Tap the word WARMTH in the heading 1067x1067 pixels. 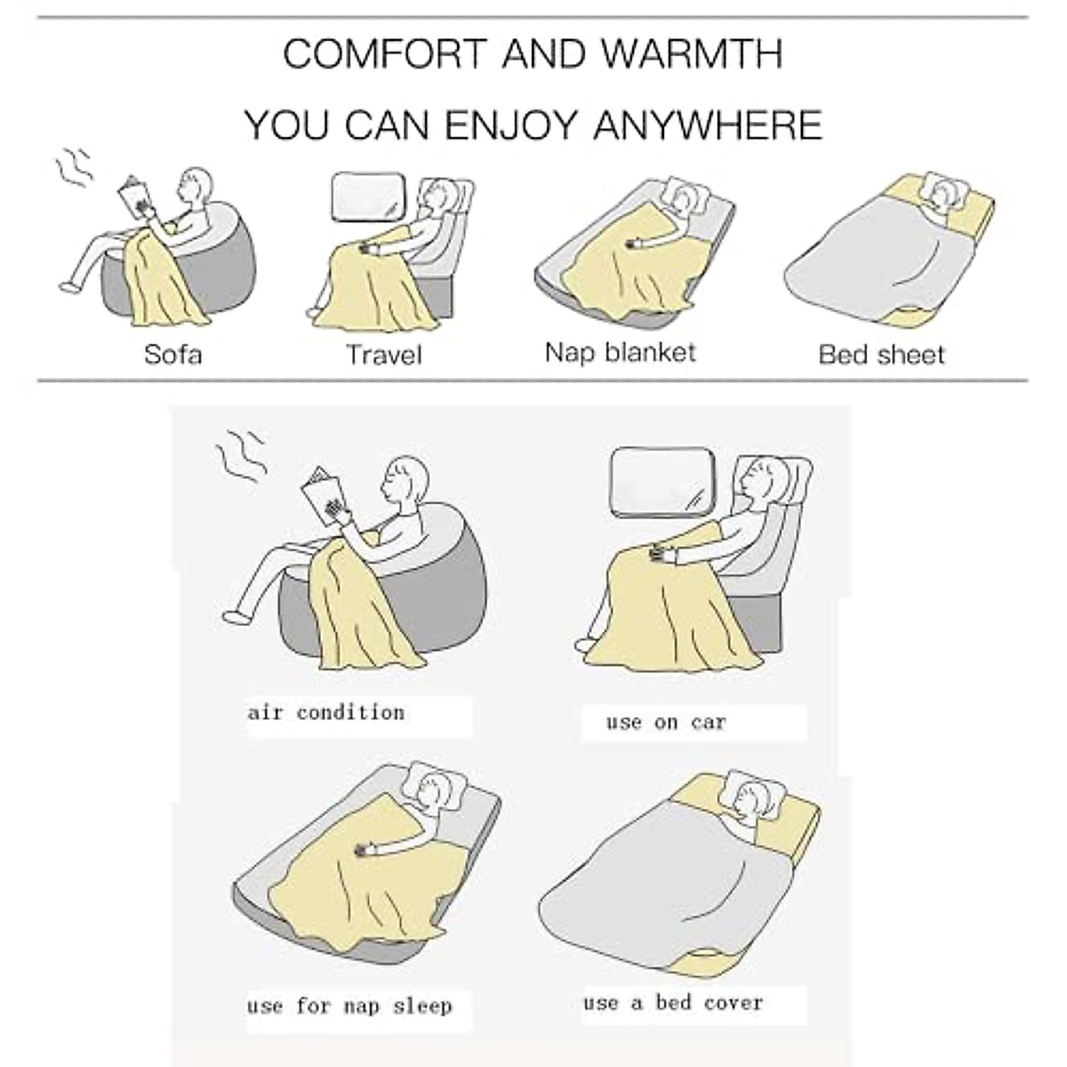tap(691, 54)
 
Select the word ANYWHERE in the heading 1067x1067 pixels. tap(707, 124)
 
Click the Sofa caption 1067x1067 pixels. tap(173, 354)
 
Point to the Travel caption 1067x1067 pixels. tap(383, 356)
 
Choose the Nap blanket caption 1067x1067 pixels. tap(620, 352)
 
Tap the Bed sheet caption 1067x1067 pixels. tap(881, 355)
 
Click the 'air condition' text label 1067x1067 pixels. tap(325, 713)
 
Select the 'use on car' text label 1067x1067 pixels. tap(666, 722)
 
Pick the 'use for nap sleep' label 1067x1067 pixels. tap(349, 1007)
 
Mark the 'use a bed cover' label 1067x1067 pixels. tap(673, 1003)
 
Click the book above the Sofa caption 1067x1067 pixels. tap(134, 197)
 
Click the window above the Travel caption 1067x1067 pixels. tap(367, 198)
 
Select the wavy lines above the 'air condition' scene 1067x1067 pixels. tap(239, 454)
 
